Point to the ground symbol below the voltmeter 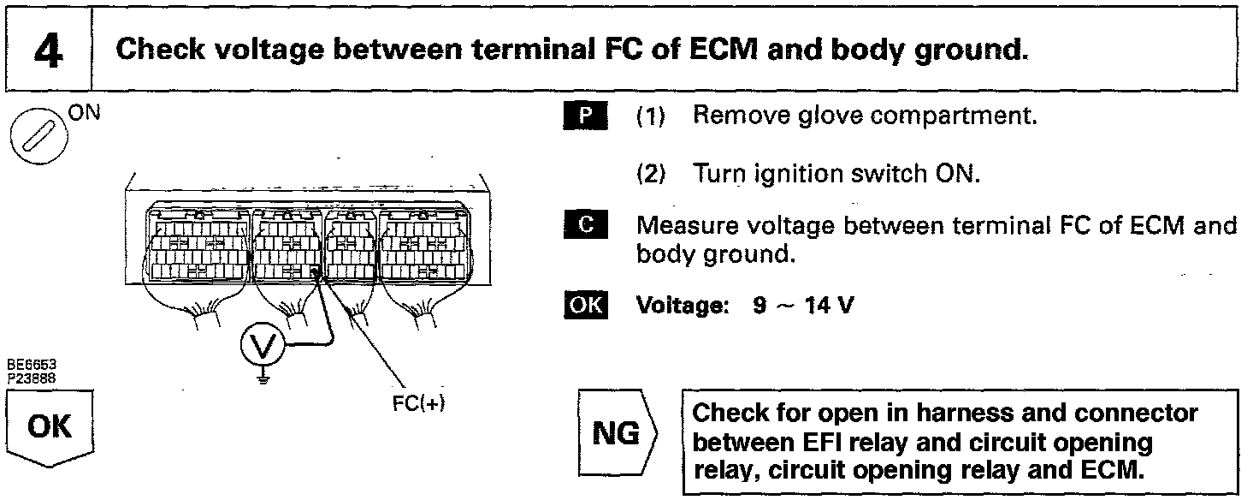point(262,375)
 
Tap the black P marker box point(585,115)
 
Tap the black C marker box point(585,226)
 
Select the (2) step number point(653,175)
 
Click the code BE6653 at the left point(27,366)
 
